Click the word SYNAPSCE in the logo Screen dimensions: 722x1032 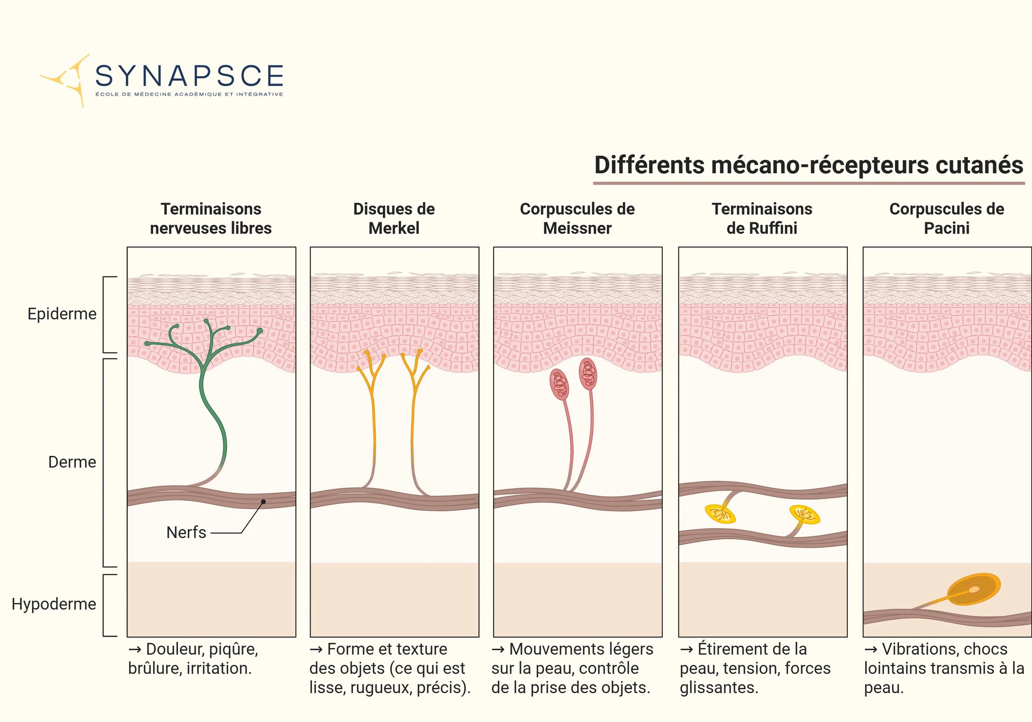coord(189,76)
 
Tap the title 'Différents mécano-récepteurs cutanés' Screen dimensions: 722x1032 coord(809,165)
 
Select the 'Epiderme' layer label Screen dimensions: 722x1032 coord(62,314)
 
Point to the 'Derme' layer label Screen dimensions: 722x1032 coord(72,462)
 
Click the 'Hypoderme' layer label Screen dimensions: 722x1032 coord(54,604)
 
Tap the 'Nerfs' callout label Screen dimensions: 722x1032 coord(186,532)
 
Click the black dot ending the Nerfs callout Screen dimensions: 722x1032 coord(263,502)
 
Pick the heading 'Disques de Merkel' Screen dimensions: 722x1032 coord(394,218)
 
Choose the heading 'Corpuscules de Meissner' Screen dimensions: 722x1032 coord(577,218)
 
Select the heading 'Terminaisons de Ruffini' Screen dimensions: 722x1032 coord(762,218)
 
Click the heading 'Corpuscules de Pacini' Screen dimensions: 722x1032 coord(947,218)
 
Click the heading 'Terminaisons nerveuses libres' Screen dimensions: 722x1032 coord(211,218)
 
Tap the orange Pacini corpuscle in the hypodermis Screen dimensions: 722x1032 coord(973,589)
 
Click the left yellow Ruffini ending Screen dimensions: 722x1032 coord(720,514)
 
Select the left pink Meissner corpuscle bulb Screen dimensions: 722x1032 coord(560,384)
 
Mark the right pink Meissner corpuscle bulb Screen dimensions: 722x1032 coord(588,374)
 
